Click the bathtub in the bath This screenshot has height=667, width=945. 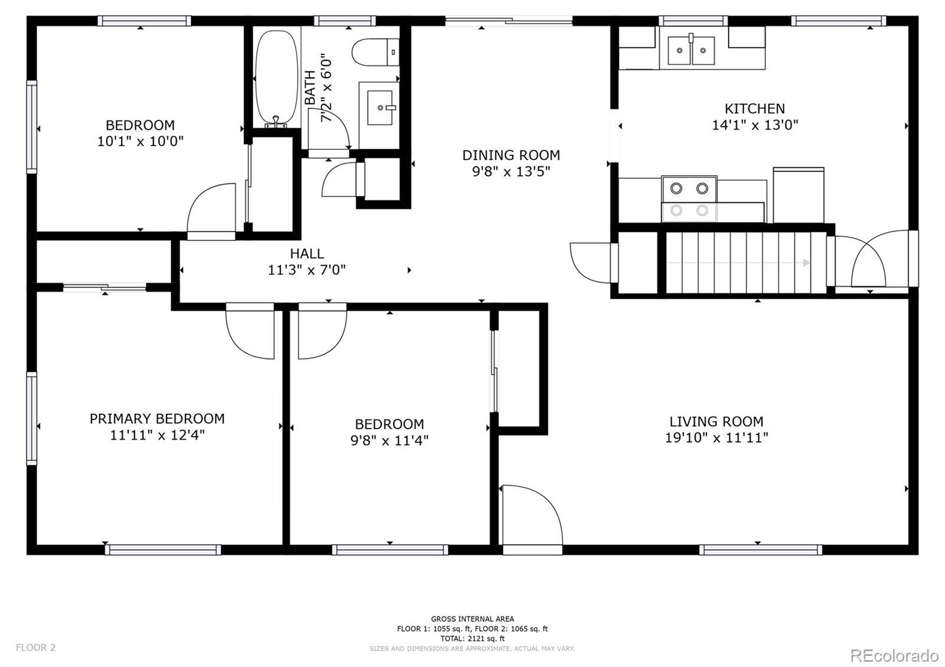point(277,77)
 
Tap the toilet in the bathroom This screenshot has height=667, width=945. point(376,53)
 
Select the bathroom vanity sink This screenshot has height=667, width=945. point(380,107)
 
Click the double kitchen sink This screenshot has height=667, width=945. point(691,50)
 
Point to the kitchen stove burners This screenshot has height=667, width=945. point(689,199)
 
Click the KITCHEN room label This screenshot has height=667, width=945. point(755,109)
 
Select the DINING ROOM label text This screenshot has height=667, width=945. point(511,155)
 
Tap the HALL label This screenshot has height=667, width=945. point(307,253)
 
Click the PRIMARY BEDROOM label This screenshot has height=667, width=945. point(157,418)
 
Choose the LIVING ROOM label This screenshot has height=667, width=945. point(716,421)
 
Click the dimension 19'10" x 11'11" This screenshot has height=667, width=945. point(716,437)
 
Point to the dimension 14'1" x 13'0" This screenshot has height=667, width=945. point(755,125)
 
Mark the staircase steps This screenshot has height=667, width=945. point(745,262)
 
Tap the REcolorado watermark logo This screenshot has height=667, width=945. point(894,656)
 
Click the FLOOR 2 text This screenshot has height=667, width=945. point(35,648)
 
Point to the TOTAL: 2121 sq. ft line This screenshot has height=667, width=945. point(472,638)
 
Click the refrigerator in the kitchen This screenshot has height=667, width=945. point(798,195)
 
